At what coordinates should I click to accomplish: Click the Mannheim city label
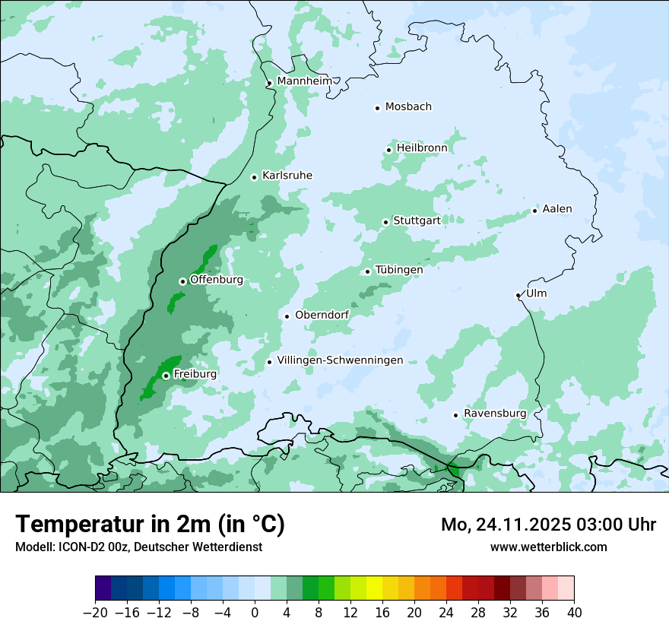pyautogui.click(x=305, y=81)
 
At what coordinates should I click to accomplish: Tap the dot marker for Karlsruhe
pyautogui.click(x=255, y=177)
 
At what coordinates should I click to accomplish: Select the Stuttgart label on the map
pyautogui.click(x=417, y=220)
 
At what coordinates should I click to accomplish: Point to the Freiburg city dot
pyautogui.click(x=166, y=376)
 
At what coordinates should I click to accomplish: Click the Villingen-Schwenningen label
pyautogui.click(x=340, y=360)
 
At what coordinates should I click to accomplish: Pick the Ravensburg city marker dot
pyautogui.click(x=456, y=415)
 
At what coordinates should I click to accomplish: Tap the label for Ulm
pyautogui.click(x=536, y=293)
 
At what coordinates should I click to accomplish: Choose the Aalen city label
pyautogui.click(x=557, y=209)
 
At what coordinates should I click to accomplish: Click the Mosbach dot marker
pyautogui.click(x=377, y=108)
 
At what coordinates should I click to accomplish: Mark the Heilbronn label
pyautogui.click(x=421, y=148)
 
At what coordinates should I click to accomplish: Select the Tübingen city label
pyautogui.click(x=399, y=270)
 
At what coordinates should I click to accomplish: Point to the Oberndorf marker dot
pyautogui.click(x=287, y=316)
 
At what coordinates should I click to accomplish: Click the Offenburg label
pyautogui.click(x=217, y=280)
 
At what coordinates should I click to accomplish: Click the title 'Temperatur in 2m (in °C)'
pyautogui.click(x=150, y=525)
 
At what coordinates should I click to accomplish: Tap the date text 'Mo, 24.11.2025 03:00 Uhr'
pyautogui.click(x=548, y=525)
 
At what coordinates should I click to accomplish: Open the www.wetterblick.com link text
pyautogui.click(x=548, y=547)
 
